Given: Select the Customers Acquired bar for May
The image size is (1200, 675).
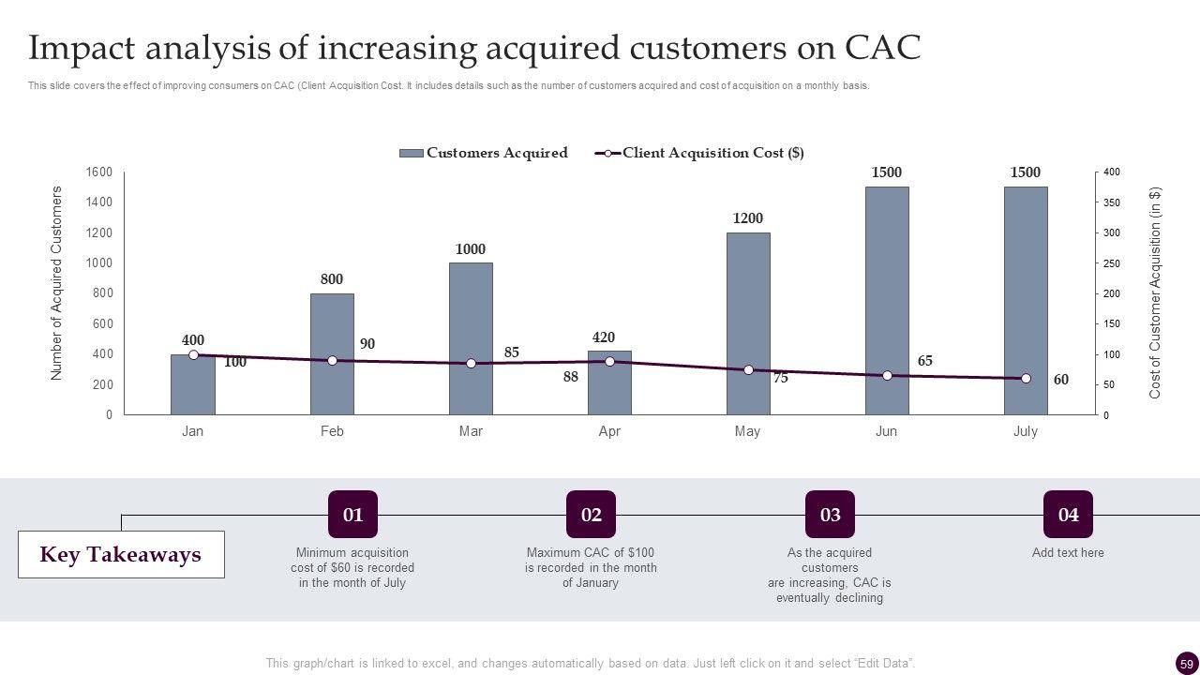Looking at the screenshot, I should click(748, 323).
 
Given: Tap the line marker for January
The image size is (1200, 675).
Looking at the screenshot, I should click(193, 355).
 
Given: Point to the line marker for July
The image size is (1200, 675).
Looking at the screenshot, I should click(1026, 379).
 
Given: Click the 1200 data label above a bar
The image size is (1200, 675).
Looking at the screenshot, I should click(748, 218).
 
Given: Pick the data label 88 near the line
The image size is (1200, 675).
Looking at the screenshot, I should click(571, 377).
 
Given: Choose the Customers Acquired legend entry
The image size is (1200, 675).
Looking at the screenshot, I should click(484, 153).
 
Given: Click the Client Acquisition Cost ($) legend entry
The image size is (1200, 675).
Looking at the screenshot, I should click(701, 153).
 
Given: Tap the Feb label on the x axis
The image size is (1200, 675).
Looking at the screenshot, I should click(332, 431).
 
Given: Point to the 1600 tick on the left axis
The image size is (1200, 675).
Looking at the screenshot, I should click(99, 172).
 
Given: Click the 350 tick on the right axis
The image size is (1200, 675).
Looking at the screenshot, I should click(1112, 202).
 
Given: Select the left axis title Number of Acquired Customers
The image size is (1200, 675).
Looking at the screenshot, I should click(56, 283).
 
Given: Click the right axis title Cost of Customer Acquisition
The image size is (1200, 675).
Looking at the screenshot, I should click(1155, 293).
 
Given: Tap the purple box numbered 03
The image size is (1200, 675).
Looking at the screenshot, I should click(830, 515).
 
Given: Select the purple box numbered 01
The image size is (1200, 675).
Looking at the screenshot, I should click(352, 515).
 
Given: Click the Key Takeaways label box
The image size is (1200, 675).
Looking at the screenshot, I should click(121, 554).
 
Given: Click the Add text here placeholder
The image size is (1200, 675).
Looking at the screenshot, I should click(1068, 552).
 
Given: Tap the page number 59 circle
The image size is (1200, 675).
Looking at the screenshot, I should click(1187, 664).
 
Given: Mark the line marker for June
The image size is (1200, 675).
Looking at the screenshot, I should click(887, 375).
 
